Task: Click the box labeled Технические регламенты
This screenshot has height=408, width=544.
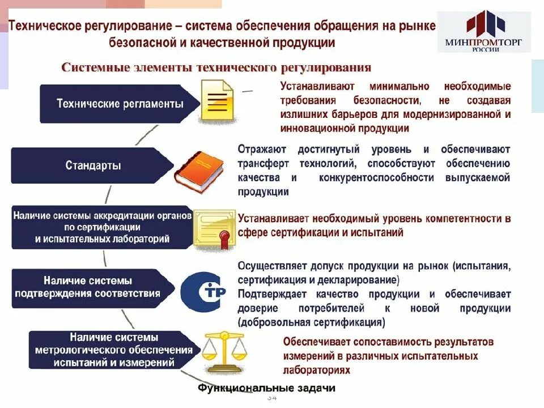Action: (120, 104)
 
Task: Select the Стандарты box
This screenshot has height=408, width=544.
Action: (92, 166)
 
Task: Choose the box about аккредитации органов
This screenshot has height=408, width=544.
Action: (102, 227)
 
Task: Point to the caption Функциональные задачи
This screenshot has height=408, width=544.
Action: (266, 388)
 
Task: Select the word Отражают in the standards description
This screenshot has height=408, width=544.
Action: (261, 150)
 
